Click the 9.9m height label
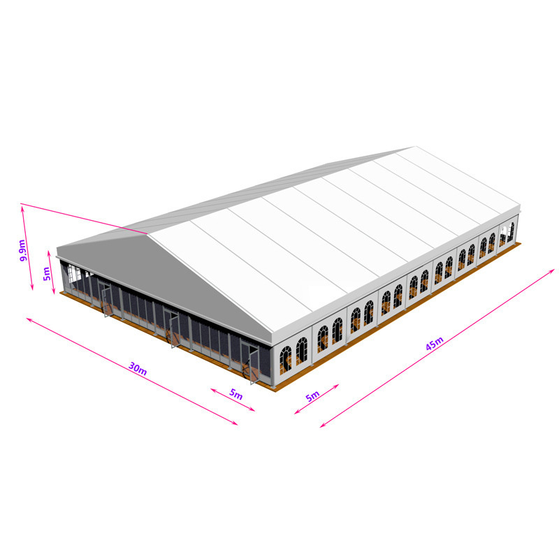[x=22, y=250]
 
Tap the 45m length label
[x=435, y=343]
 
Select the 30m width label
[x=138, y=368]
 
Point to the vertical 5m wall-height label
[x=47, y=273]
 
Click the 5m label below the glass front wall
[x=235, y=394]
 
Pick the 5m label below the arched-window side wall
[x=312, y=396]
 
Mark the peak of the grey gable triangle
[x=147, y=233]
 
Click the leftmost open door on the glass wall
[x=106, y=299]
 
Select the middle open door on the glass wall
[x=173, y=328]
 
